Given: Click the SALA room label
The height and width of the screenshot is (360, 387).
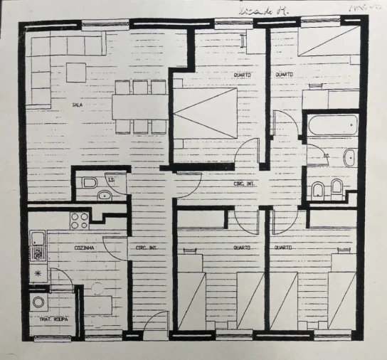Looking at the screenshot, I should (77, 105).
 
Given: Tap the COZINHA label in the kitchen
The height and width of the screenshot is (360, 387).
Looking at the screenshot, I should (86, 248).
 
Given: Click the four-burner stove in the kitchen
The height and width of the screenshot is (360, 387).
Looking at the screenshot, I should (79, 221).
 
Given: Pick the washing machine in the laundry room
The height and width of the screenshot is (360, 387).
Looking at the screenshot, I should (38, 302).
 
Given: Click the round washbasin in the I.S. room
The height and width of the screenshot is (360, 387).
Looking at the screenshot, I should (105, 195).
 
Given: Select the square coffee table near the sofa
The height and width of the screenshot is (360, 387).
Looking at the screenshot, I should (75, 72).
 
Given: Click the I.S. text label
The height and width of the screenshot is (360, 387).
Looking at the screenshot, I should (111, 178).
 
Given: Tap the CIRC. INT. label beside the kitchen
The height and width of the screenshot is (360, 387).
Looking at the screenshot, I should (147, 248).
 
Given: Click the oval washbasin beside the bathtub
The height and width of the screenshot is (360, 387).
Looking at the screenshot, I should (349, 157).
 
